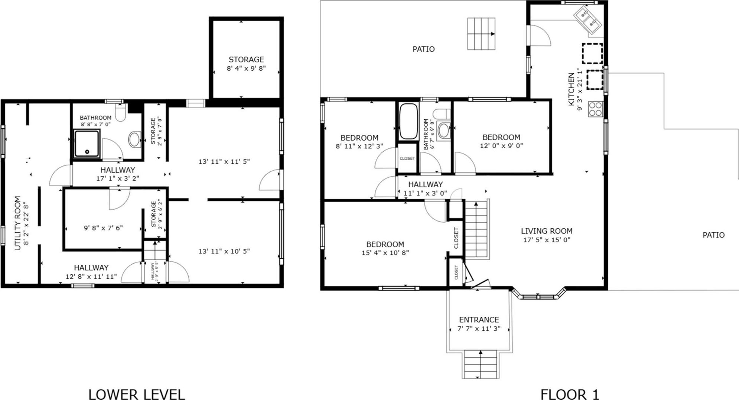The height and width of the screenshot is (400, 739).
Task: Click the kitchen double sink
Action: (x=587, y=20)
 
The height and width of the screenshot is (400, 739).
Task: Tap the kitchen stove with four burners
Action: (x=595, y=109)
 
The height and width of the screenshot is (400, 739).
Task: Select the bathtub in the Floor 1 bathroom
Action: (x=408, y=122)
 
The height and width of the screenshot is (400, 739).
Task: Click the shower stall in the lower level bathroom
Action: (x=87, y=143)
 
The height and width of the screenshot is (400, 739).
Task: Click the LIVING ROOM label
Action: (x=546, y=231)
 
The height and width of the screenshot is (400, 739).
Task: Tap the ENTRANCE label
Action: (x=479, y=320)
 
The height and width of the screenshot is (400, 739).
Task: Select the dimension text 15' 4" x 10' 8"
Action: (x=385, y=253)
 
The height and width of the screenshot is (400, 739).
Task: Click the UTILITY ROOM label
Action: (x=18, y=223)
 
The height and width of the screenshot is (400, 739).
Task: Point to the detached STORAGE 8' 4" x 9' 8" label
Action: (x=246, y=59)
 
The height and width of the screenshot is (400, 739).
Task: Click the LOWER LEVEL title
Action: (x=137, y=394)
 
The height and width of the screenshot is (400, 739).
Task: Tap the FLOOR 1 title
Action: (x=570, y=394)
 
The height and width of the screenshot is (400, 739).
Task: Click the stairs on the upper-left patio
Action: (x=481, y=33)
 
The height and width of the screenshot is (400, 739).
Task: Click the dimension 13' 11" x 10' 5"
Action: (x=224, y=251)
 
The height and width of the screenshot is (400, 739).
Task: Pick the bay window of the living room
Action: (x=539, y=296)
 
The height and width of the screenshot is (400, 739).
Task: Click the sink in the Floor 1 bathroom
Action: (x=443, y=130)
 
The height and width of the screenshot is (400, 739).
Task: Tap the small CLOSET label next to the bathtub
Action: (x=407, y=158)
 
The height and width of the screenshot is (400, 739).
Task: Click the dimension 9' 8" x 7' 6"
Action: (x=103, y=228)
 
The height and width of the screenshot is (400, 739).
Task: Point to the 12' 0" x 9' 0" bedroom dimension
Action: (x=501, y=146)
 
